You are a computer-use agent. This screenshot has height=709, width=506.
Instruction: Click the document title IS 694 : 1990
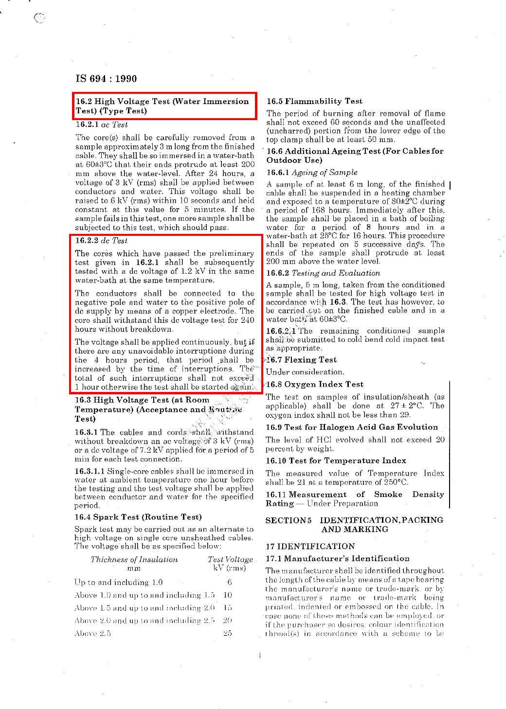click(106, 79)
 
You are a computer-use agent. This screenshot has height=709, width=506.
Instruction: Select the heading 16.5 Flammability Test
click(314, 101)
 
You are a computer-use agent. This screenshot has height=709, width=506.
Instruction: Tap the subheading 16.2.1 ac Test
click(101, 124)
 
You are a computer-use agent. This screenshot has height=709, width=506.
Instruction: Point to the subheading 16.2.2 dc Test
click(101, 240)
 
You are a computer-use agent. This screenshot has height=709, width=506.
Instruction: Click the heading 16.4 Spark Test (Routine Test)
click(138, 517)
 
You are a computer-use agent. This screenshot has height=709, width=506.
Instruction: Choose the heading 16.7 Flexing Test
click(301, 360)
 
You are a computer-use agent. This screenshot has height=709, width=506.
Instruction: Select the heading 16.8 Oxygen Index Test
click(314, 384)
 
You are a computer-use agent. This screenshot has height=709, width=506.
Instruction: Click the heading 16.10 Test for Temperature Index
click(336, 461)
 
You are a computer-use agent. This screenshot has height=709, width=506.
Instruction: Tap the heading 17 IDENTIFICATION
click(310, 546)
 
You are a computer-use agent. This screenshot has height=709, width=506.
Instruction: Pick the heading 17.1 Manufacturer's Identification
click(337, 558)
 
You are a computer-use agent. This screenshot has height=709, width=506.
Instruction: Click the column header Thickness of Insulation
click(134, 559)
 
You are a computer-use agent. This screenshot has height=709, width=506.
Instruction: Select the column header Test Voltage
click(230, 559)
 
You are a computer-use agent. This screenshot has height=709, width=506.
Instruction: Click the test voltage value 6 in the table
click(230, 582)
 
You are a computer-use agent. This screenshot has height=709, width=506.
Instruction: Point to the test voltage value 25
click(227, 633)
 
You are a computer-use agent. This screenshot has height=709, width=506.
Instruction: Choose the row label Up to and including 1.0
click(118, 582)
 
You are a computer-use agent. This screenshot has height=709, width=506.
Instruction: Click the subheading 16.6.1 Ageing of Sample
click(311, 172)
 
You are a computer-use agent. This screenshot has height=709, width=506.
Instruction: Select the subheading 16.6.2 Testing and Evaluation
click(323, 273)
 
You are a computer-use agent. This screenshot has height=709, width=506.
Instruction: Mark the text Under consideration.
click(305, 372)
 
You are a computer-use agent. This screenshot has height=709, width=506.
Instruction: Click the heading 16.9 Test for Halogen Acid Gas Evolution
click(351, 427)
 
